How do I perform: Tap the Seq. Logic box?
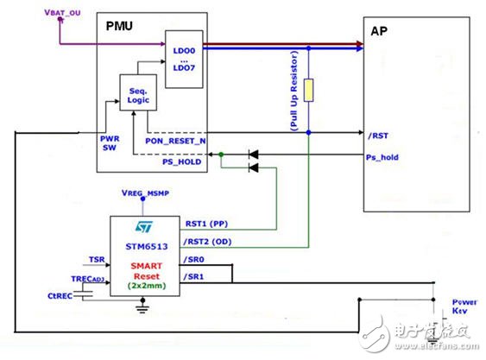(x=139, y=92)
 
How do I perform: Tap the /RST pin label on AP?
(x=377, y=135)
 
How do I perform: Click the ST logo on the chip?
(x=143, y=227)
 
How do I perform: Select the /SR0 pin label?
(x=196, y=261)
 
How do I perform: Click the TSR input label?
(x=97, y=258)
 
